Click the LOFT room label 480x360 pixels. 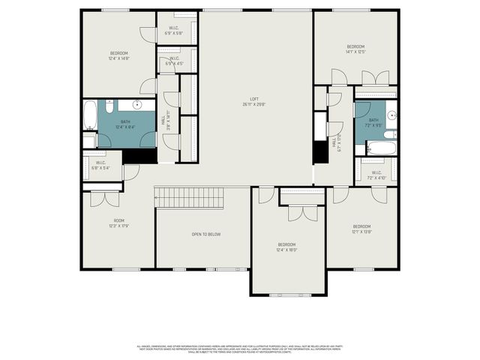254,101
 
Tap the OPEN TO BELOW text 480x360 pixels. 206,235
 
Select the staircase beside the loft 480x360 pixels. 190,199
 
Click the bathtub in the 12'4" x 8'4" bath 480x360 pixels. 90,116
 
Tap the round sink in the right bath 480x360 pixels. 391,115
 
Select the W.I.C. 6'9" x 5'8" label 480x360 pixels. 174,31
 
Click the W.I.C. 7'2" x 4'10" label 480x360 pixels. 377,175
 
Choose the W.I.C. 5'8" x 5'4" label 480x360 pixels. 100,165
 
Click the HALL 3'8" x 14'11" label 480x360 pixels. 166,120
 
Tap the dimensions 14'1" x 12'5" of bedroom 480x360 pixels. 355,52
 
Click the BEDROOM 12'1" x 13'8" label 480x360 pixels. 361,228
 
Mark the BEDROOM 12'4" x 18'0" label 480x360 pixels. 287,247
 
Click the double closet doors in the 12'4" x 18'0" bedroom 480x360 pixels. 302,212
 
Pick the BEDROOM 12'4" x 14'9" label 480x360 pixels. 119,55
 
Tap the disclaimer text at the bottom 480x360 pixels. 240,349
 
